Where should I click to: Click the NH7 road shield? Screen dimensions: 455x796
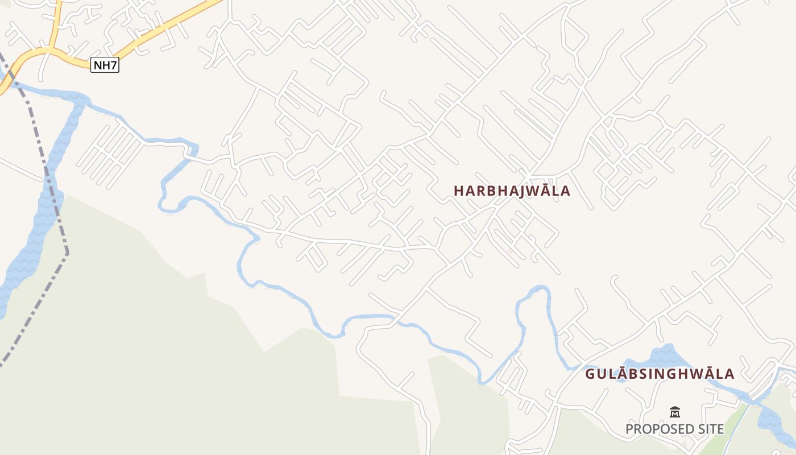click(105, 65)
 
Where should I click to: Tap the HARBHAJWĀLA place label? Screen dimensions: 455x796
click(512, 191)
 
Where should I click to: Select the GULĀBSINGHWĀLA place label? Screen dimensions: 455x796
click(660, 374)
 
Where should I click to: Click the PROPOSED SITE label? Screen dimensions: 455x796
click(675, 429)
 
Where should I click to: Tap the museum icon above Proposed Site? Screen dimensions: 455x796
click(675, 412)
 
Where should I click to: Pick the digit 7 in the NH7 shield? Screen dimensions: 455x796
click(114, 65)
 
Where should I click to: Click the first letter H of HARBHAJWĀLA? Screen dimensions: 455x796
click(459, 191)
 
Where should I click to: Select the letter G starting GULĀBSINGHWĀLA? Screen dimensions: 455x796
click(590, 374)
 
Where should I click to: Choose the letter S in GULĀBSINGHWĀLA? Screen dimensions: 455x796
click(644, 374)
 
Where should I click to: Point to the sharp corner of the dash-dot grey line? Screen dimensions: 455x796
click(67, 253)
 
